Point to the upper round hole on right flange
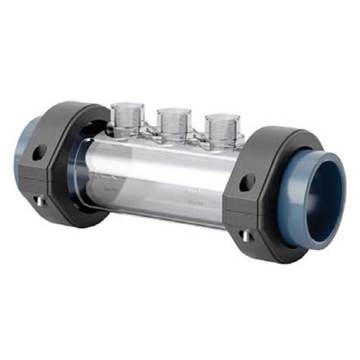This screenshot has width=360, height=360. click(247, 182)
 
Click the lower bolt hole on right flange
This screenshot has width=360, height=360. click(247, 235)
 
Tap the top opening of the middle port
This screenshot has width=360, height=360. click(173, 112)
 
